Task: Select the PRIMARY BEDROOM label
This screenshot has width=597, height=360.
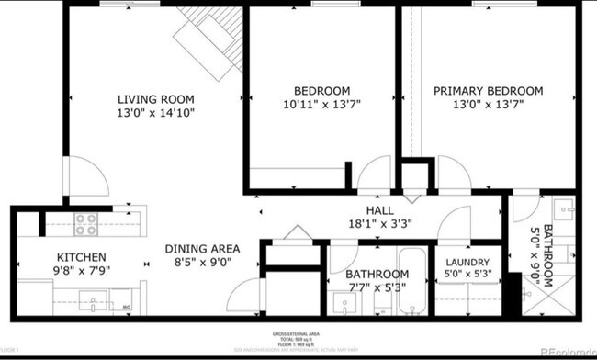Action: (488, 91)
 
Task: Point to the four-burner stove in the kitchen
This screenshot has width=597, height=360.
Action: (86, 224)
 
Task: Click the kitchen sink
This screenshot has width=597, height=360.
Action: (92, 299)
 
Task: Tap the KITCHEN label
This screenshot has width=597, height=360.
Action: (82, 257)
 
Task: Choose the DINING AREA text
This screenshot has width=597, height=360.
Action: (202, 248)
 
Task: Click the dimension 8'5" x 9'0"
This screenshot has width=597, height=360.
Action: (202, 262)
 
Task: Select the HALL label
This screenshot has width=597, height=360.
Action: (354, 210)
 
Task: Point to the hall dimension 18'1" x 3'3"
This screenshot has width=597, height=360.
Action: (354, 223)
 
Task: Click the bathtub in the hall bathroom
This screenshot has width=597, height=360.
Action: (411, 280)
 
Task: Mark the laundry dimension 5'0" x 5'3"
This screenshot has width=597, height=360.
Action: (467, 273)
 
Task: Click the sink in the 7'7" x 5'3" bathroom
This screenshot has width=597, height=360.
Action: (340, 304)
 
